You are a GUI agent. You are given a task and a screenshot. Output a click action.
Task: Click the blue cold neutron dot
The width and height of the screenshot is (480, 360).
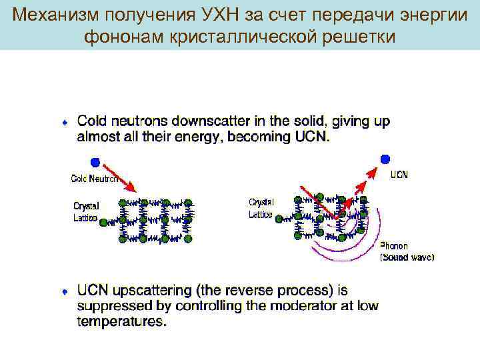(x=96, y=162)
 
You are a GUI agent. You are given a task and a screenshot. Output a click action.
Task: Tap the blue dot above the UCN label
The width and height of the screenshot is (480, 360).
(x=385, y=158)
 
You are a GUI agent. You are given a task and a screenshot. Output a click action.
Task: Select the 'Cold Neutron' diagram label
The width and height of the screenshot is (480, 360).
(x=95, y=179)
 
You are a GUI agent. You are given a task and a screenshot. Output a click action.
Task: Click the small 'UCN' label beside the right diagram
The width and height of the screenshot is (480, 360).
(x=399, y=175)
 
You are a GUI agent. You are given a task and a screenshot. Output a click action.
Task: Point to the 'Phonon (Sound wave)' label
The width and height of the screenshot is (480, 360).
(x=407, y=251)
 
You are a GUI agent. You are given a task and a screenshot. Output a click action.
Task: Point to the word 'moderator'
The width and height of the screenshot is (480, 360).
(x=294, y=306)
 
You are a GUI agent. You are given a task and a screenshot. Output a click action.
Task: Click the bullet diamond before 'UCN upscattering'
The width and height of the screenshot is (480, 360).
(x=64, y=292)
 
